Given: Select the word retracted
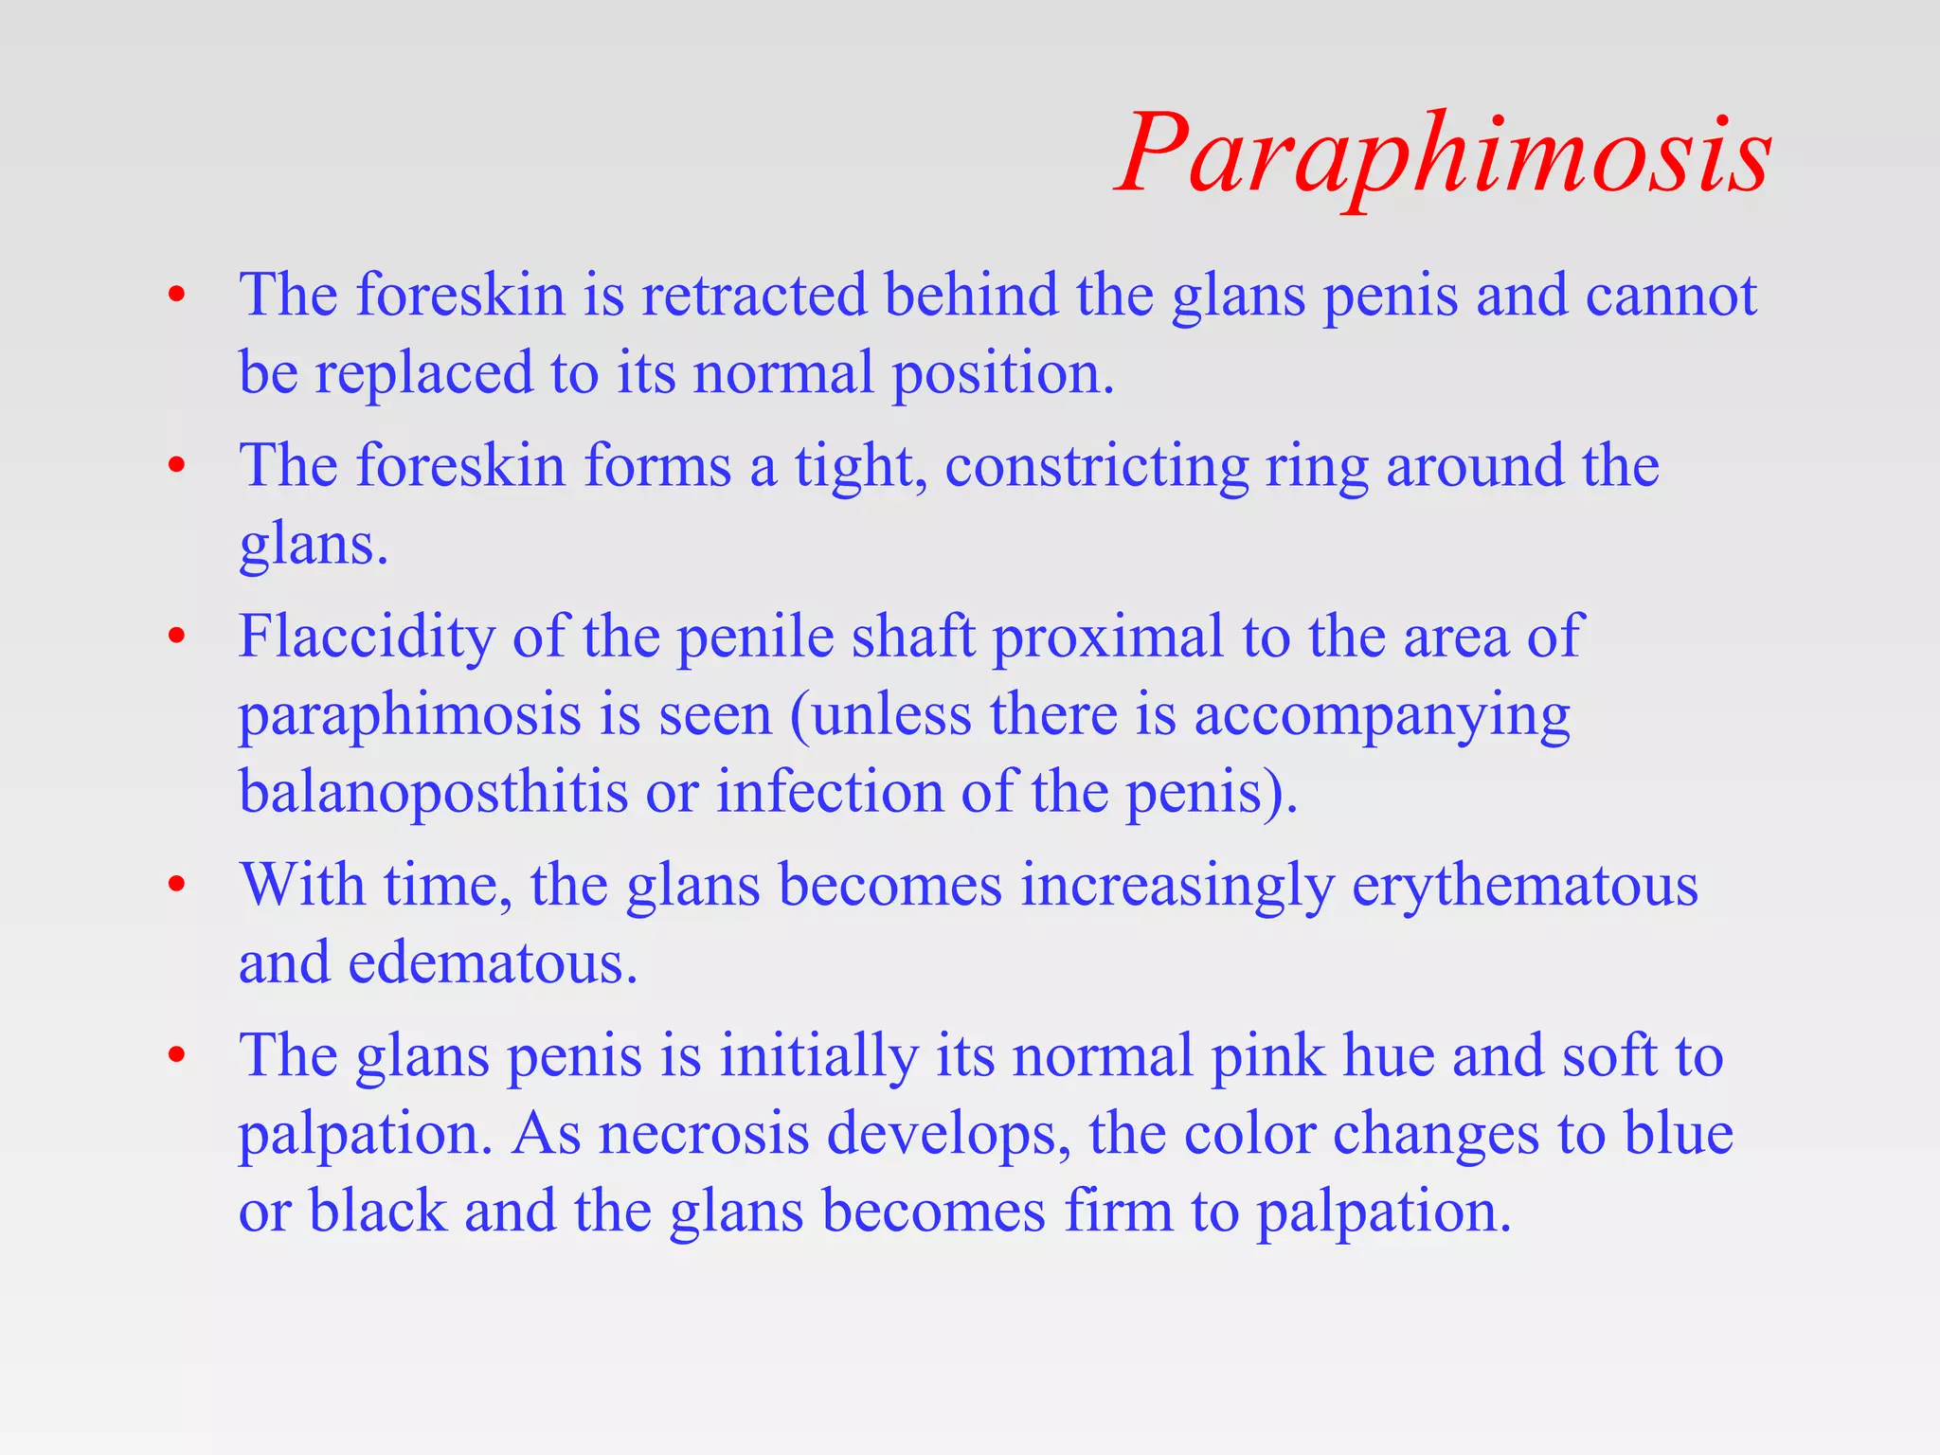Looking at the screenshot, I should (x=754, y=295).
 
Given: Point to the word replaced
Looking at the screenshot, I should (x=423, y=372).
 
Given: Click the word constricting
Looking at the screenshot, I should (x=1097, y=467).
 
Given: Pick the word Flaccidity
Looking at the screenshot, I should (x=367, y=636).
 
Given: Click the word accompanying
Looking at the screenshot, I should (x=1381, y=715).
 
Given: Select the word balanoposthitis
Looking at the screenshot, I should (x=433, y=791).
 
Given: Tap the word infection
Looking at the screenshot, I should (x=829, y=791).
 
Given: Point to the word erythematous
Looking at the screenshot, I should (x=1524, y=886).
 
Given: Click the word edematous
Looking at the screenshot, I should (x=493, y=963).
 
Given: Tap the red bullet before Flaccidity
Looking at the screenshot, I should (x=176, y=637).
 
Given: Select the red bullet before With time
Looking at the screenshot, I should (x=176, y=887).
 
